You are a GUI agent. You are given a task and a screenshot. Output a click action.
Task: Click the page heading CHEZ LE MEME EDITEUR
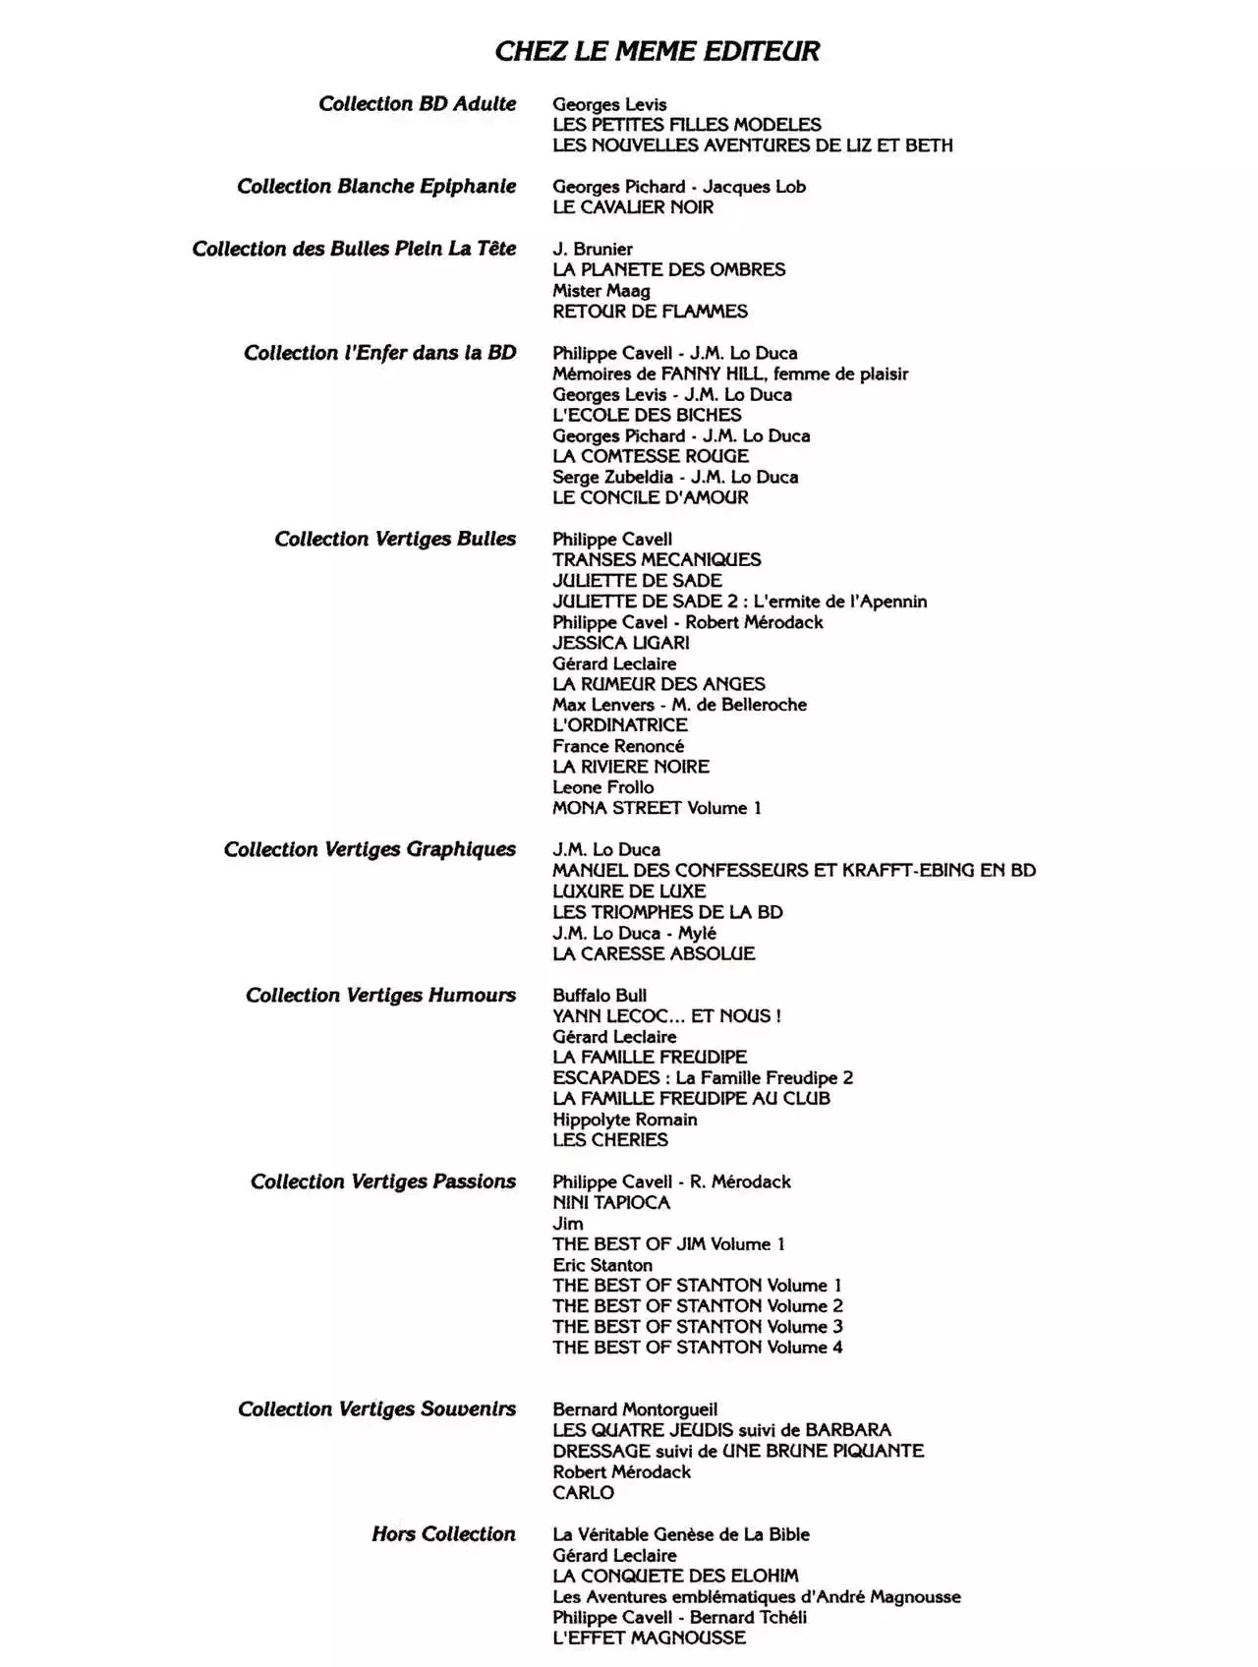point(657,51)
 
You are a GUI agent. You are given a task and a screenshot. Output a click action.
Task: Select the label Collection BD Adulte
point(417,104)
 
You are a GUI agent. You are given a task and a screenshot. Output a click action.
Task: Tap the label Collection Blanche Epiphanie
point(376,187)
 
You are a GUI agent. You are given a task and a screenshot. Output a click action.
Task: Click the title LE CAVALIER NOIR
point(633,207)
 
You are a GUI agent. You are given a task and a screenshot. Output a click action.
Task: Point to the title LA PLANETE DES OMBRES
point(668,269)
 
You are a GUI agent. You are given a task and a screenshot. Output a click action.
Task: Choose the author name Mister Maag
point(600,291)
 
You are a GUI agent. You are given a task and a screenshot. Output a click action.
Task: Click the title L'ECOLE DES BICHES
point(647,415)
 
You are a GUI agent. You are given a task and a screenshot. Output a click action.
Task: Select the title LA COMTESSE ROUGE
point(650,456)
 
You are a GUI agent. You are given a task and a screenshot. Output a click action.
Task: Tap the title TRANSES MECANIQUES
point(657,559)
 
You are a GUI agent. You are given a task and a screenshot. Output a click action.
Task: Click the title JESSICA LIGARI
point(620,643)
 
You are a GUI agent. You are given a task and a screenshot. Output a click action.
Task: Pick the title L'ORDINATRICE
point(619,725)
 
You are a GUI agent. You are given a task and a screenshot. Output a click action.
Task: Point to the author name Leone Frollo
point(602,787)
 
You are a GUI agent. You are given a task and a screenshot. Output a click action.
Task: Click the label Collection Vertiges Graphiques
point(370,849)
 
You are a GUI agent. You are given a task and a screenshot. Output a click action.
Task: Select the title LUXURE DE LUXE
point(629,891)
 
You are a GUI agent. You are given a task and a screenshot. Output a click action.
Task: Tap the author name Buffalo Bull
point(600,995)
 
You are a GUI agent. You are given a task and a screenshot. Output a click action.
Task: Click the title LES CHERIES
point(609,1140)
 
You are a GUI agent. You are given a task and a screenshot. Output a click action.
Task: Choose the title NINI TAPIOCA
point(610,1202)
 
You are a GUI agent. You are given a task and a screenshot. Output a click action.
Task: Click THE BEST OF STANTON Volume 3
point(697,1327)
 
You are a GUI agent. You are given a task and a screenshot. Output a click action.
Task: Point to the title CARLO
point(583,1492)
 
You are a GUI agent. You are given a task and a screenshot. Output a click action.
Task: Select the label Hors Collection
point(443,1534)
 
